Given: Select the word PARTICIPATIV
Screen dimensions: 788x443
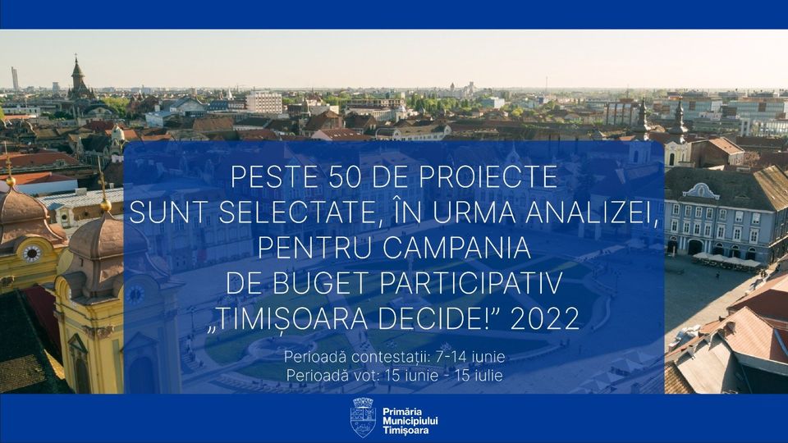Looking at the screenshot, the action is [471, 283].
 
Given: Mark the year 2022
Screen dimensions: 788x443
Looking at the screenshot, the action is [545, 318].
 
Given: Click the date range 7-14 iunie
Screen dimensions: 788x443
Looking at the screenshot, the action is [470, 357].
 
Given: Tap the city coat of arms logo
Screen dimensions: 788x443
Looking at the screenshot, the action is [363, 418].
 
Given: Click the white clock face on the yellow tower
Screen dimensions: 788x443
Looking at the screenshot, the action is [32, 253].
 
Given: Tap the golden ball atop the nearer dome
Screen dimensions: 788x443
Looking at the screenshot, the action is [105, 205].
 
